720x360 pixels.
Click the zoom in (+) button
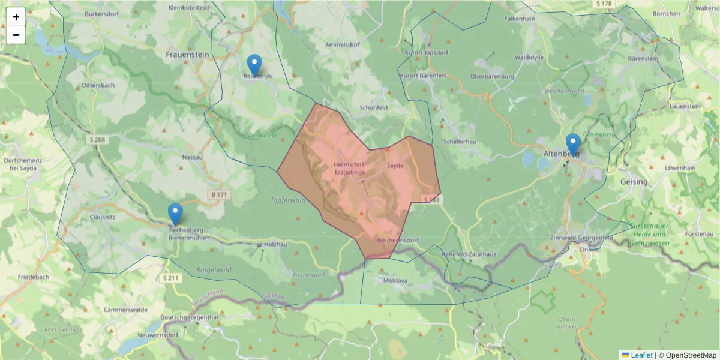coord(16,17)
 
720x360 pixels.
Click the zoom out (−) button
coord(16,35)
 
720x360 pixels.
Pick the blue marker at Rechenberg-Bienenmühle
coord(175,214)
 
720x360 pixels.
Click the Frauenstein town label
coord(187,54)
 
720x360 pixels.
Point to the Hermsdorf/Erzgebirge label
coord(349,168)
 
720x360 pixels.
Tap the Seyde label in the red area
coord(395,165)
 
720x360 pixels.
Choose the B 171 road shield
coord(220,195)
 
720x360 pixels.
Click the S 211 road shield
coord(171,278)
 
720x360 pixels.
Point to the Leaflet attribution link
coord(641,355)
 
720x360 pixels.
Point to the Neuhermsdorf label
coord(397,240)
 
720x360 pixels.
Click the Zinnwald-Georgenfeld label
coord(582,238)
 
